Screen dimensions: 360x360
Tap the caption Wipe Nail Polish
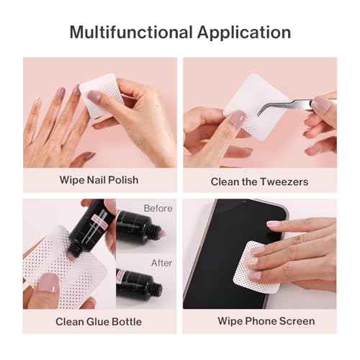tap(99, 179)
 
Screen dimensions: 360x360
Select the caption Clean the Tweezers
tap(260, 181)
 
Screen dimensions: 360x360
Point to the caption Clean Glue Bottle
tap(99, 321)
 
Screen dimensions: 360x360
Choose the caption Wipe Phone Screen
tap(260, 321)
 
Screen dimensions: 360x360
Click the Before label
tap(158, 208)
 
